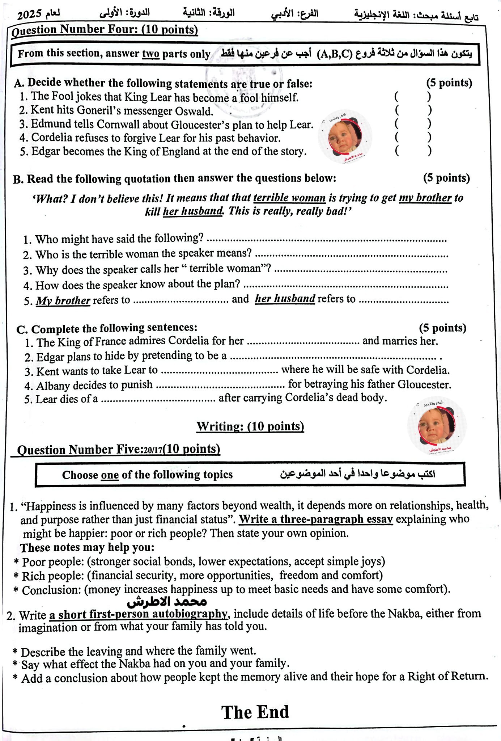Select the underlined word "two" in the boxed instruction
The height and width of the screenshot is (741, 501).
pos(150,54)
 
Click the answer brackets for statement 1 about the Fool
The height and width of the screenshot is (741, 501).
pos(412,97)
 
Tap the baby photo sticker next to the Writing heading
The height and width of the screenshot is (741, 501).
pos(436,427)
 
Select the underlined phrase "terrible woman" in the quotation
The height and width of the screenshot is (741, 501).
pos(289,198)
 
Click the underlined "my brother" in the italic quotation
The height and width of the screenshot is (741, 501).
pos(425,198)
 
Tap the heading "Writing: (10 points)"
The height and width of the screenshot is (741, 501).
pos(250,426)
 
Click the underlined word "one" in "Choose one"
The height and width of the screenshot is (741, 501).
pos(110,475)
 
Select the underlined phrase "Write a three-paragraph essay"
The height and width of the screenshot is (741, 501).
pos(316,519)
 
